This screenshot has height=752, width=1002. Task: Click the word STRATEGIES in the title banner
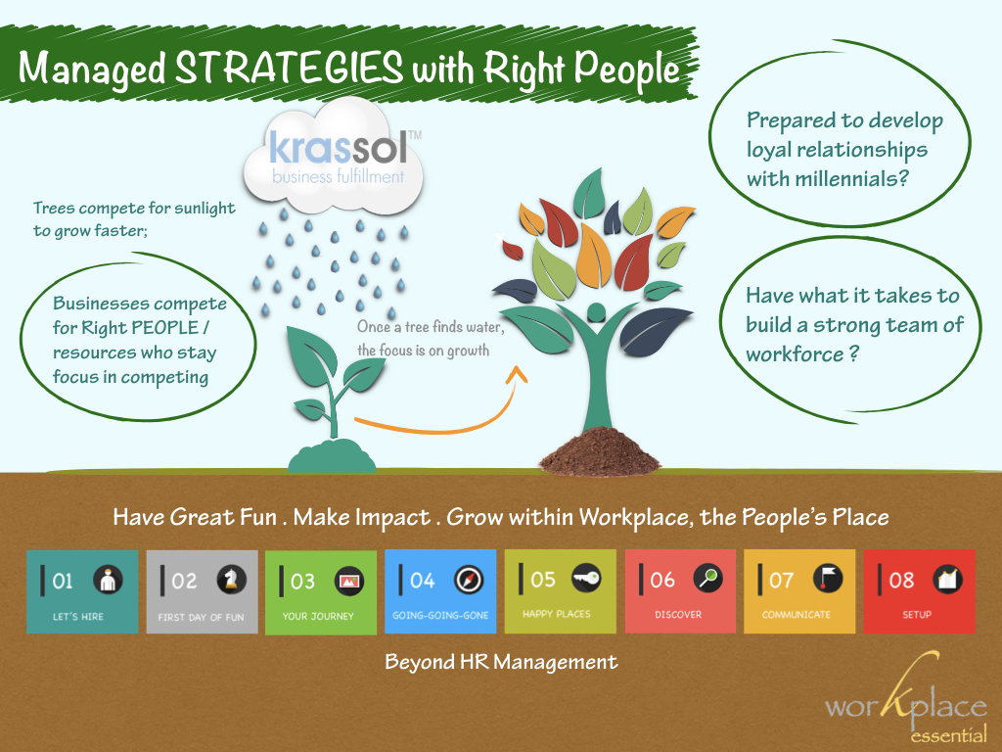click(x=289, y=68)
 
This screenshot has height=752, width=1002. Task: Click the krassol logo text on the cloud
click(x=338, y=149)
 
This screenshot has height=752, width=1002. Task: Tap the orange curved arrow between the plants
click(x=441, y=406)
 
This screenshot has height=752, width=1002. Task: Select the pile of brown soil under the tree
click(x=599, y=452)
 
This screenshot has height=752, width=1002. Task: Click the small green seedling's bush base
click(x=332, y=456)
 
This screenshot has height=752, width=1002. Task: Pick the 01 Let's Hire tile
click(x=82, y=591)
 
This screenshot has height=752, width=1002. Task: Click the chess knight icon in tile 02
click(x=231, y=580)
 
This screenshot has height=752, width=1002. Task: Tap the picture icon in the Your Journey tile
click(x=349, y=581)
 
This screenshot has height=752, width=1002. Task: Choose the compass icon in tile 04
click(x=469, y=580)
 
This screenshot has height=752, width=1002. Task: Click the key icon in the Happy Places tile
click(x=586, y=578)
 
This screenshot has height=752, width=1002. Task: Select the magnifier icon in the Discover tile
click(x=708, y=578)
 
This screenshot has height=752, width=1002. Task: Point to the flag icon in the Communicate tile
click(x=828, y=578)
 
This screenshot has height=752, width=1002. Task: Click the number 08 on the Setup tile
click(x=901, y=580)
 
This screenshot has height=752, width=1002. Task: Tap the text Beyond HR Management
click(x=501, y=662)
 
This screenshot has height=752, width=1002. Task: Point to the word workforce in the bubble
click(x=795, y=354)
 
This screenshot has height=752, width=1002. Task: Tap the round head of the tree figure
click(x=596, y=312)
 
